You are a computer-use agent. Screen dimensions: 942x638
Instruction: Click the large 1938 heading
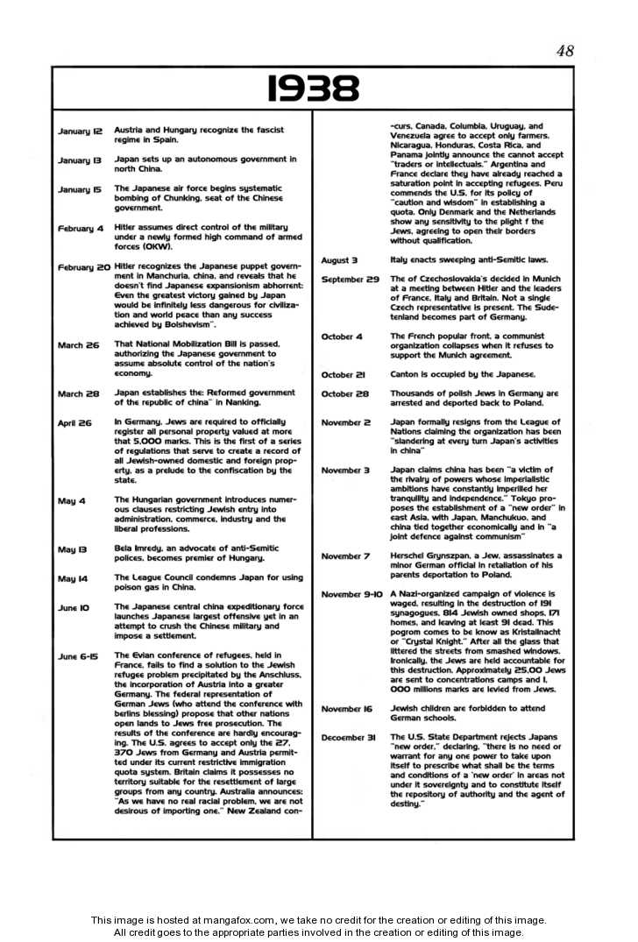coord(313,88)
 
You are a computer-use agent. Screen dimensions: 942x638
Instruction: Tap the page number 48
coord(564,51)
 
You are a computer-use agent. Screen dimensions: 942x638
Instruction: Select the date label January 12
coord(80,131)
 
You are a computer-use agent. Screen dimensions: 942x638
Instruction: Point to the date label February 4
coord(81,229)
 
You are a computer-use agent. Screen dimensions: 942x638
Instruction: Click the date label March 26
coord(78,345)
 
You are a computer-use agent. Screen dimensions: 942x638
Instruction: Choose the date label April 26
coord(74,422)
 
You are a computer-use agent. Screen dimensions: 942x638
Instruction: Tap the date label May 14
coord(73,579)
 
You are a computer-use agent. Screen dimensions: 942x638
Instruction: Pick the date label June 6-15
coord(77,656)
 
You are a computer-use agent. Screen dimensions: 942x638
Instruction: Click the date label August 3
coord(339,260)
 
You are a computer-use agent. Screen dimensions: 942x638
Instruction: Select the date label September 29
coord(350,280)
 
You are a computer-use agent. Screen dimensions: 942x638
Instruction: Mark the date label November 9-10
coord(351,594)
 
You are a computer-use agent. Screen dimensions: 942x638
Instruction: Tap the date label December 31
coord(348,738)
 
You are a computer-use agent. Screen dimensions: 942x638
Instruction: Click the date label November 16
coord(347,709)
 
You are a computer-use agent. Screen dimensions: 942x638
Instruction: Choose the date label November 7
coord(345,556)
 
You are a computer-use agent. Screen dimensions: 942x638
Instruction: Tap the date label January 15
coord(80,189)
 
